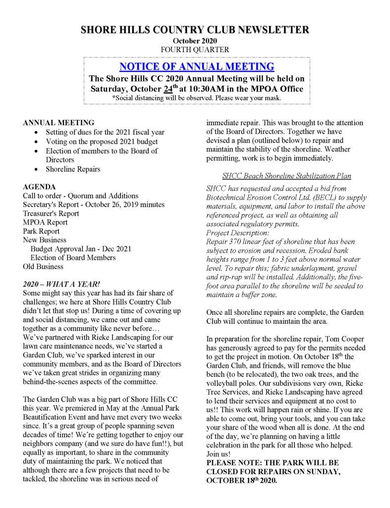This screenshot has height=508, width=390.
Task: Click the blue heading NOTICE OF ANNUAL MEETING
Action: point(197,67)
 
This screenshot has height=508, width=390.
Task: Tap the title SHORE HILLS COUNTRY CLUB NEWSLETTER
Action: point(195,30)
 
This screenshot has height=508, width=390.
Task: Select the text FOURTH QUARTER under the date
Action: point(195,49)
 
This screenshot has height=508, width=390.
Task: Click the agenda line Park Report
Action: point(41,231)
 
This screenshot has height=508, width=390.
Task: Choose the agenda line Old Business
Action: point(43,266)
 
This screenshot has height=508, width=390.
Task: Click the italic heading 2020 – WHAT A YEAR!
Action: point(61,284)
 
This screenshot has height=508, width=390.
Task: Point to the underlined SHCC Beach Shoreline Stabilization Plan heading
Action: point(287,176)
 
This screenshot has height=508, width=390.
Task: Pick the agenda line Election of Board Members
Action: point(73,257)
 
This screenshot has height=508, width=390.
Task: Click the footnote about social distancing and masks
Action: point(197,98)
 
